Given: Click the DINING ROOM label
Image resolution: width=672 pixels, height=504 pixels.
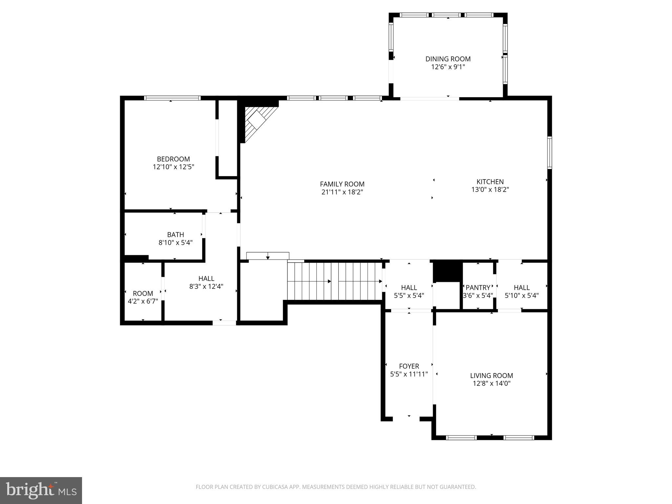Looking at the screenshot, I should (x=448, y=59).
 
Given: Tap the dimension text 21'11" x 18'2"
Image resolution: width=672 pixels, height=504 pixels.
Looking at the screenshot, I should (x=342, y=192).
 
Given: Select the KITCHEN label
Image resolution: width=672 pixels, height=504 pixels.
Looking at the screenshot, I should (x=490, y=181).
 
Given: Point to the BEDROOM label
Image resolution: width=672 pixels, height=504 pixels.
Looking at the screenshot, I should (x=173, y=159).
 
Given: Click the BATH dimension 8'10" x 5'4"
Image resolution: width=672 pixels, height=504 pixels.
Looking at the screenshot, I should (x=175, y=243).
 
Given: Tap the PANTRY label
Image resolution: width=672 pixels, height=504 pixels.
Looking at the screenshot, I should (x=478, y=287).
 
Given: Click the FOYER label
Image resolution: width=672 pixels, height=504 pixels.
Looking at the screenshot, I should (x=409, y=366).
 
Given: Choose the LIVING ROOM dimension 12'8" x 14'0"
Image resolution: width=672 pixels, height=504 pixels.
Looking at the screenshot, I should (x=492, y=383).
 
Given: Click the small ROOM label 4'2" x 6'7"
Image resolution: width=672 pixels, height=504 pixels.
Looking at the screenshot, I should (x=143, y=293).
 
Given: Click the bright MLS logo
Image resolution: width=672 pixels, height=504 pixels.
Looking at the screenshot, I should (x=41, y=491).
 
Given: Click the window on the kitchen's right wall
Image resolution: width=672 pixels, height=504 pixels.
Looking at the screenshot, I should (x=550, y=153).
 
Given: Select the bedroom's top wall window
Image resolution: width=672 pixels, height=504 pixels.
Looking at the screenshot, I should (x=172, y=98).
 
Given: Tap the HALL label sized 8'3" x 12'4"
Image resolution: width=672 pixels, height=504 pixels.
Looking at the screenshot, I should (x=206, y=279).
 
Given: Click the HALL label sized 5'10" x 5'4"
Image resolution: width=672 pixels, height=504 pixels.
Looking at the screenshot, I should (x=521, y=287).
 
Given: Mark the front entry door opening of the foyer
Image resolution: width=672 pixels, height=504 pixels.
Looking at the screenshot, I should (x=406, y=419).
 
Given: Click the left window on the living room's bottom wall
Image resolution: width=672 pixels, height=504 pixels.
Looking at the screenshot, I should (x=461, y=437).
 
